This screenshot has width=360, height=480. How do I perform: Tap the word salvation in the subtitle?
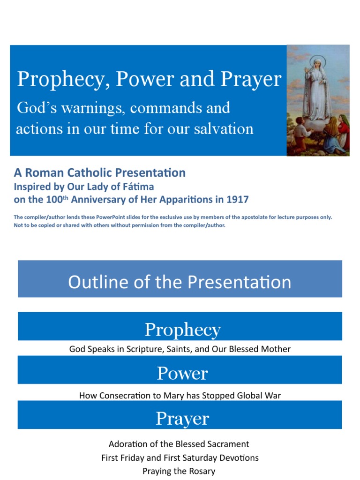223,128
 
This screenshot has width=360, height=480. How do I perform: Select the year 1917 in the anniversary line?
238,199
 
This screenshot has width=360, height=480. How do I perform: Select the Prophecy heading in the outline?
182,330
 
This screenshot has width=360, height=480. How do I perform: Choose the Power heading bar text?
182,374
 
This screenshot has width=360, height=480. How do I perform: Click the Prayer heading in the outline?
182,419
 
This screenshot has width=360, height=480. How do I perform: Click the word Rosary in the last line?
202,471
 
